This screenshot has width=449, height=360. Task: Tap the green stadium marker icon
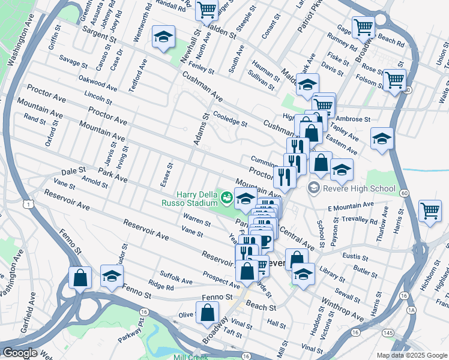tap(226, 196)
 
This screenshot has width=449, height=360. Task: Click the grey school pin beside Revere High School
tap(313, 188)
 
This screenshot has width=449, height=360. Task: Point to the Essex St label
tap(170, 173)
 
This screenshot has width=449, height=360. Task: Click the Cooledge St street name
tap(231, 119)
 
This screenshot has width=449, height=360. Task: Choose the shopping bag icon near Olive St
tap(207, 313)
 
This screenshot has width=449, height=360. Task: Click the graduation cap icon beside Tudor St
tap(112, 276)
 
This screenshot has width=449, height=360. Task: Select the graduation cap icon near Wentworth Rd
tap(162, 37)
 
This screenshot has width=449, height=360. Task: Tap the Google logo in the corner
tap(20, 353)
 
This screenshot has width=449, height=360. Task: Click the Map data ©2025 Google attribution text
tap(411, 355)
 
